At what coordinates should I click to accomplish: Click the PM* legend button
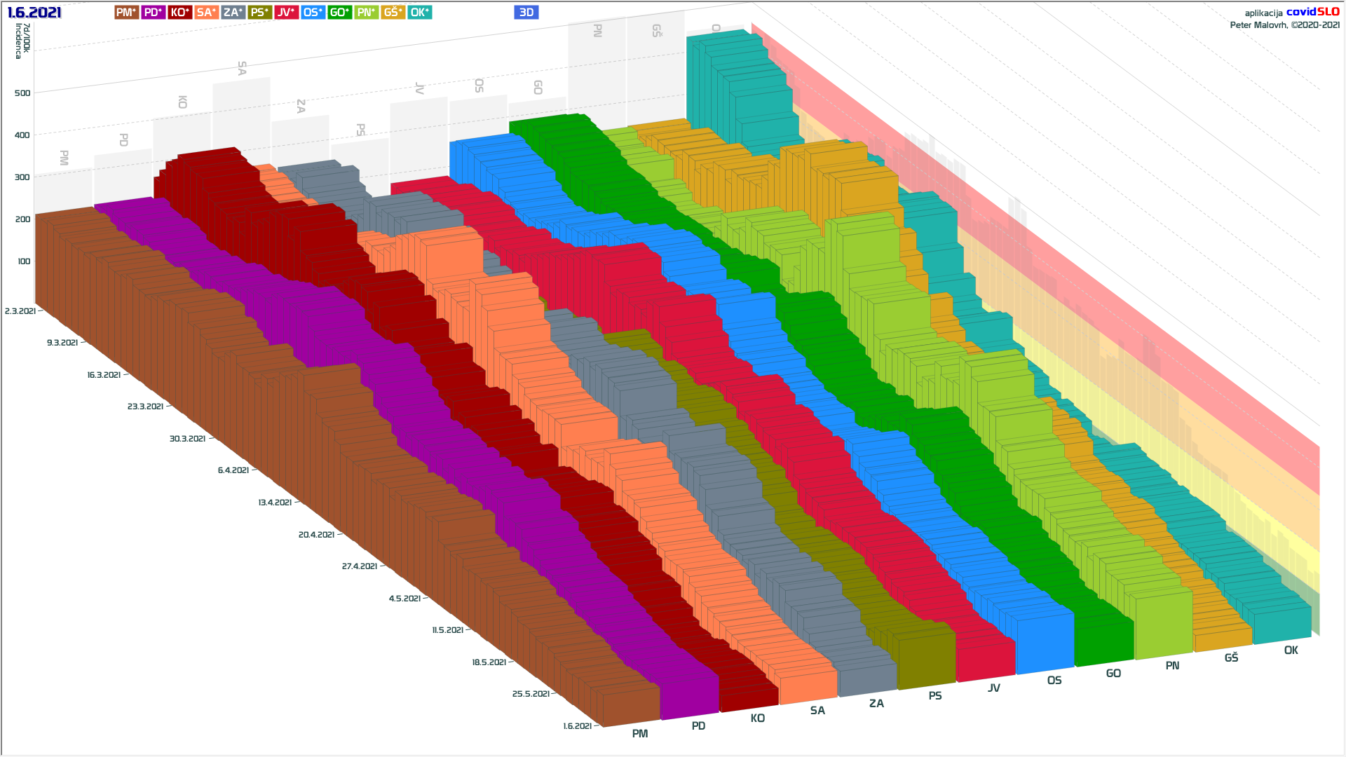point(126,13)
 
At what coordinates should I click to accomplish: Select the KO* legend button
point(179,13)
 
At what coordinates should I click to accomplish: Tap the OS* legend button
point(313,13)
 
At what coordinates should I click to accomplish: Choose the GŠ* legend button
point(393,13)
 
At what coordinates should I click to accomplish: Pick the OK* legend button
point(419,13)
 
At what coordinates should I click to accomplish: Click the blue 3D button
point(526,13)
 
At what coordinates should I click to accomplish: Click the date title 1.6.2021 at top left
point(34,13)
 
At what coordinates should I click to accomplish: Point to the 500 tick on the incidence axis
point(22,93)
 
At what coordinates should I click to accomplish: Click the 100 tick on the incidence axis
point(24,261)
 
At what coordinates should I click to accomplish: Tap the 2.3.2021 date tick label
point(20,311)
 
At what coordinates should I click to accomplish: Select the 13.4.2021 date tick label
point(275,503)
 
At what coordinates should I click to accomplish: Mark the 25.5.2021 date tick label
point(531,694)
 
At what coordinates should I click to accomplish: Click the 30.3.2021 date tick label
point(187,439)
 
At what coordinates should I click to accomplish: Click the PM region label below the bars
point(639,734)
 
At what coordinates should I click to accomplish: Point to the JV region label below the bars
point(993,688)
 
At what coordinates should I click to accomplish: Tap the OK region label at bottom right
point(1291,650)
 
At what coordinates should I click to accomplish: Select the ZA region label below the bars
point(876,704)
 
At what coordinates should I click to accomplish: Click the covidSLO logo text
point(1312,12)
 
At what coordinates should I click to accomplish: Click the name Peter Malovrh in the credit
point(1258,25)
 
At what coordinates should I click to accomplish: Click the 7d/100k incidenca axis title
point(22,41)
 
